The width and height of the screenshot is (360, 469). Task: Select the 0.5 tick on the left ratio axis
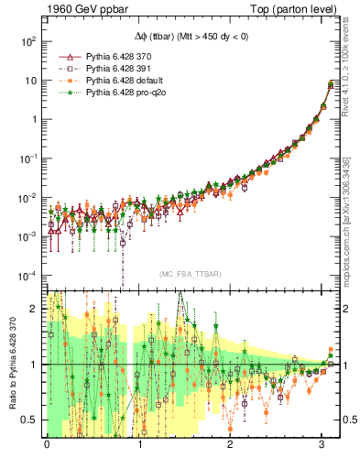pos(29,420)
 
